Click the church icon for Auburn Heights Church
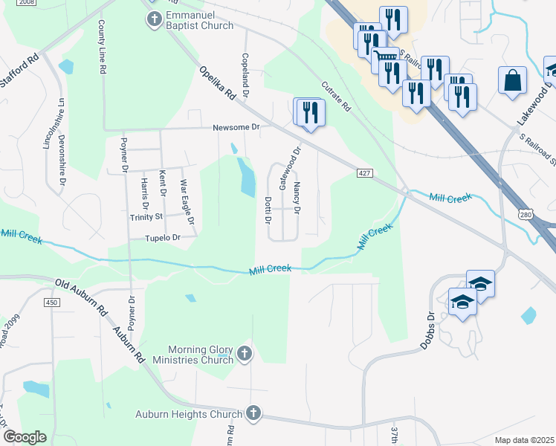coord(253,413)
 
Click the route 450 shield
coord(52,302)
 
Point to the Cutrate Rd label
coord(336,95)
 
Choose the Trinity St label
coord(146,216)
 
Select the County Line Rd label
coord(102,46)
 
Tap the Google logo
coord(25,437)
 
